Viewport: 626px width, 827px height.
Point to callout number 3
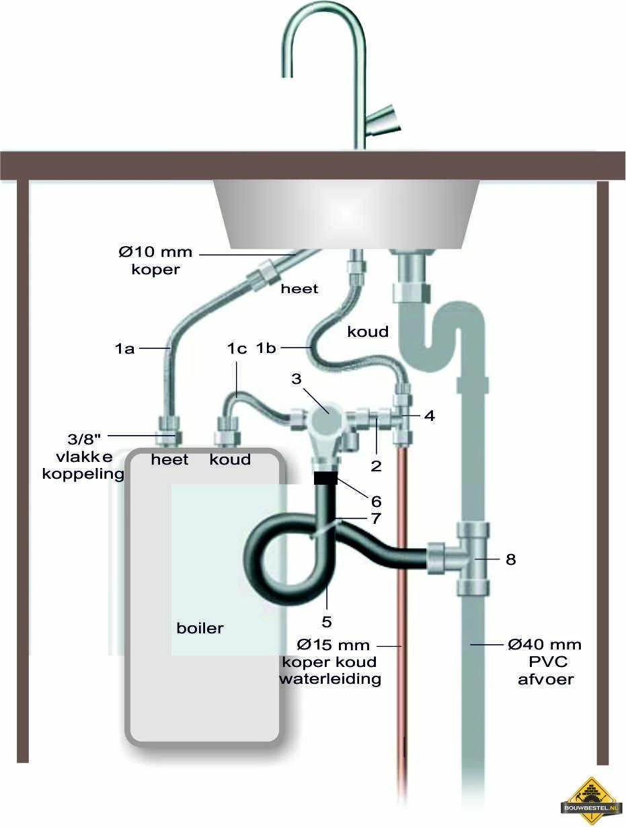[296, 379]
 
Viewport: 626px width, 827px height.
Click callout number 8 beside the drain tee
[510, 559]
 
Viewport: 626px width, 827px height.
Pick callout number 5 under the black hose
[326, 622]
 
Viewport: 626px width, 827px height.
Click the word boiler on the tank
[200, 629]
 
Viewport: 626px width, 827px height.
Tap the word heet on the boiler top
[169, 459]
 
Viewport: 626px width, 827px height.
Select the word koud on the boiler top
[230, 459]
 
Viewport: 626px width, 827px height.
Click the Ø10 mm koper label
[156, 260]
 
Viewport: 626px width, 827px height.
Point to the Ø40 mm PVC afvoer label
[545, 662]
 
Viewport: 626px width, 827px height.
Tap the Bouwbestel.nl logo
[591, 801]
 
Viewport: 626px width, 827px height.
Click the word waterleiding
[330, 679]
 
